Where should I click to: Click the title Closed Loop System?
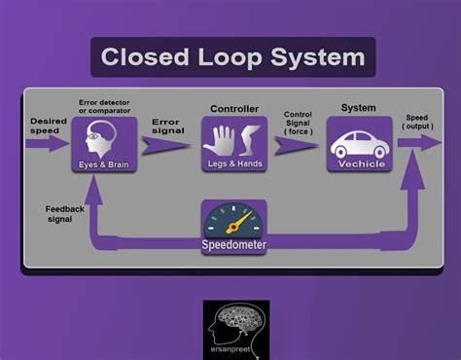pyautogui.click(x=233, y=57)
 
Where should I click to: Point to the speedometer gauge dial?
pyautogui.click(x=234, y=219)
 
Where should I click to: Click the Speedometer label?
pyautogui.click(x=233, y=244)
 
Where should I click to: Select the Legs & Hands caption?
pyautogui.click(x=233, y=164)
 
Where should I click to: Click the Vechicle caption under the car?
pyautogui.click(x=360, y=163)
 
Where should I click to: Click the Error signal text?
pyautogui.click(x=167, y=126)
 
